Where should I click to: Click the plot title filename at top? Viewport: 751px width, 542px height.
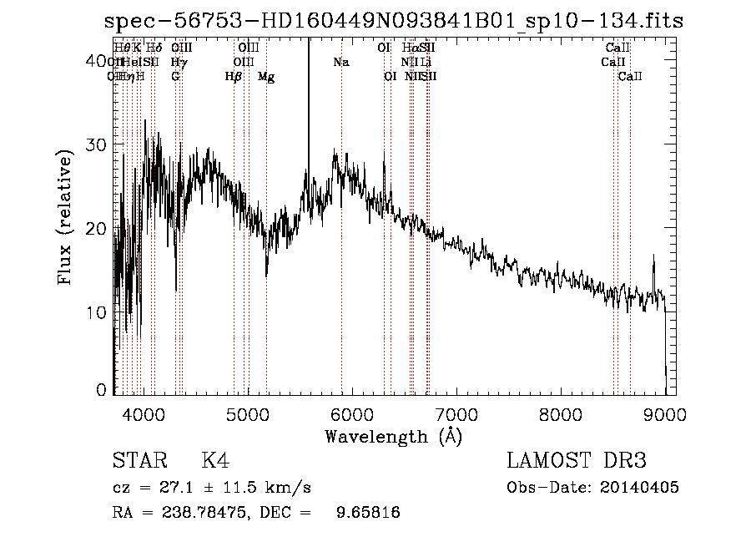[394, 22]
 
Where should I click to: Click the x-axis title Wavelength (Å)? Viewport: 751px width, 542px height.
[393, 435]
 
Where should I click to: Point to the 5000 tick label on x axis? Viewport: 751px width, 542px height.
[248, 413]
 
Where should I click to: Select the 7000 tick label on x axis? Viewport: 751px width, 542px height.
[456, 413]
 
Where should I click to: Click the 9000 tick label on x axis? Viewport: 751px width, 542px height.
[665, 413]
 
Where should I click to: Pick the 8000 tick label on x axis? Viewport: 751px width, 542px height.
[561, 413]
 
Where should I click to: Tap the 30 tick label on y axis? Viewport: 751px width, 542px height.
[98, 144]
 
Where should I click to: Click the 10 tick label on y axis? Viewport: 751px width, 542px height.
[98, 312]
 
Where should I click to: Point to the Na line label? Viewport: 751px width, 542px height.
[341, 63]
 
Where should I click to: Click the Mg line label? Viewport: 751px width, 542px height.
[266, 77]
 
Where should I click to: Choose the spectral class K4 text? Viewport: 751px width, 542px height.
[215, 461]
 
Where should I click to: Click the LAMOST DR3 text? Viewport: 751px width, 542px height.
[577, 461]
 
